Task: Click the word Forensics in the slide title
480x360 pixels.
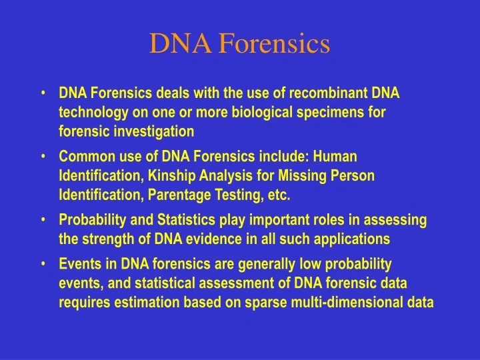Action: pos(275,43)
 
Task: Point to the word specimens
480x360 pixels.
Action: pos(334,112)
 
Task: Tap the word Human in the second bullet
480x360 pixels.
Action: pos(335,157)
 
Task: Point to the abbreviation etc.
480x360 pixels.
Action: pos(279,195)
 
